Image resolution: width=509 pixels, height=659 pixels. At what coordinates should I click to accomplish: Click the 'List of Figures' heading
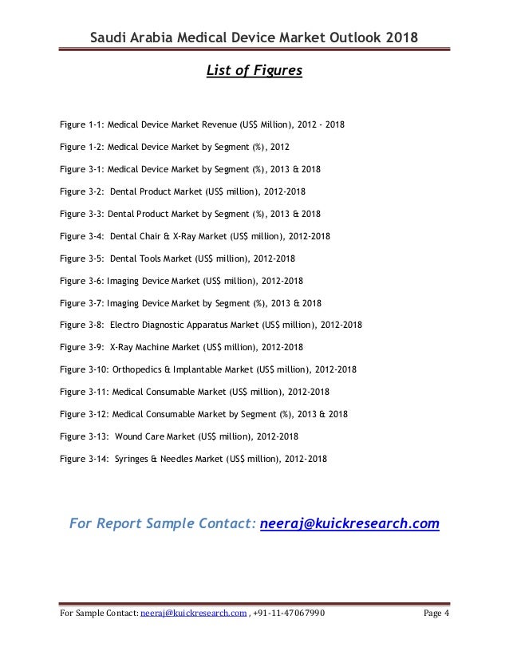tap(254, 71)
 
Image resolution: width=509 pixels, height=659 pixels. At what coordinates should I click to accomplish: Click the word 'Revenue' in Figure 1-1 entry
tap(220, 126)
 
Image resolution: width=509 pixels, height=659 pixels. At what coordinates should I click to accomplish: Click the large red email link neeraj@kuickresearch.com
tap(350, 523)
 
